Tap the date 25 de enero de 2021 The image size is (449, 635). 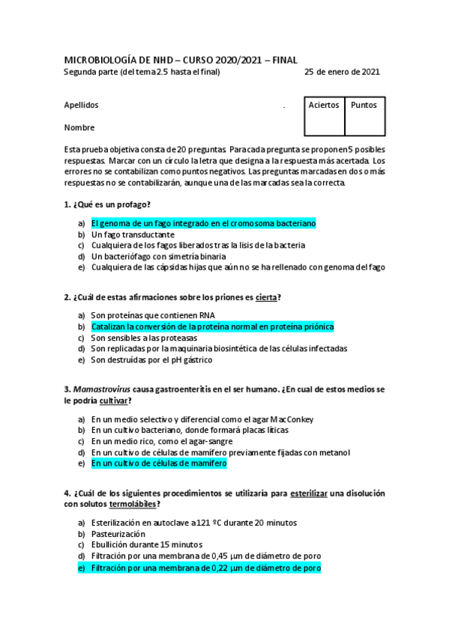[x=342, y=72]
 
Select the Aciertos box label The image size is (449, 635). [x=324, y=106]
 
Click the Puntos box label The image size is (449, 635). [x=364, y=106]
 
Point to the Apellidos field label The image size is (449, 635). [x=82, y=106]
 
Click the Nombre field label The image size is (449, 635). [x=79, y=127]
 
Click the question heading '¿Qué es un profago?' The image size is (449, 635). [x=112, y=204]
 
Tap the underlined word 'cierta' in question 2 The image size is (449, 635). [x=266, y=297]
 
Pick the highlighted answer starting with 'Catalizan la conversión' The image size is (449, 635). [x=212, y=327]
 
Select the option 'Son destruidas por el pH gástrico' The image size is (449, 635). [x=151, y=359]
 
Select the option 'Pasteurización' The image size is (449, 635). [x=118, y=534]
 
